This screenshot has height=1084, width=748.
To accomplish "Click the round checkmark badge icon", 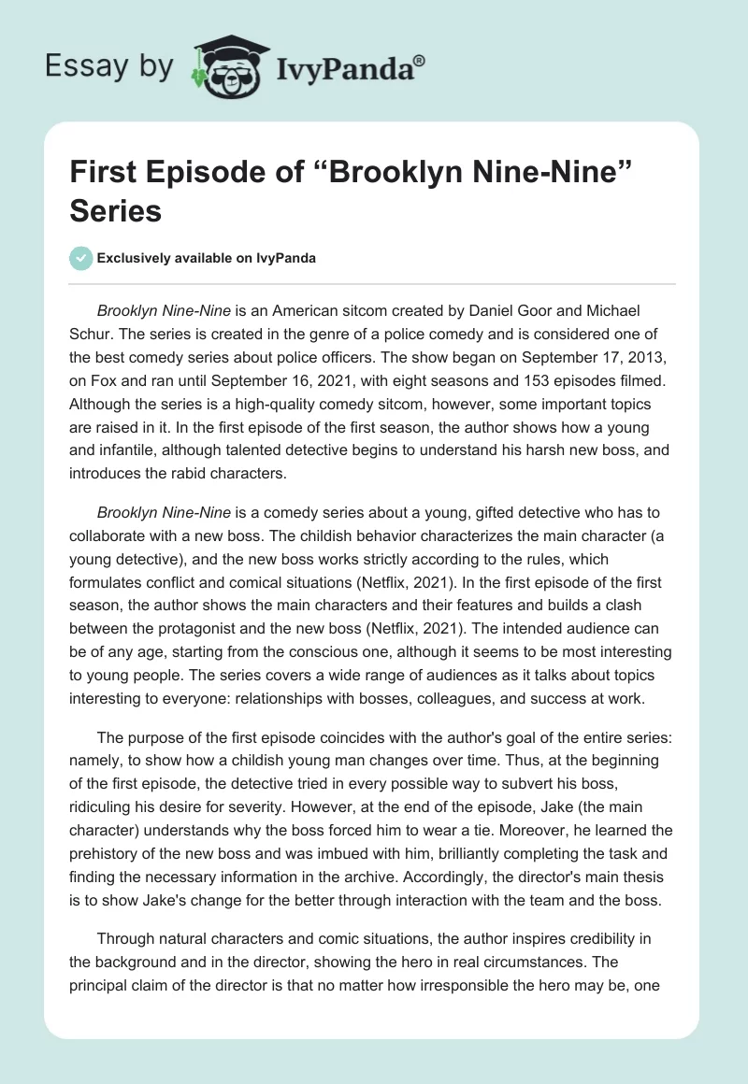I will coord(81,258).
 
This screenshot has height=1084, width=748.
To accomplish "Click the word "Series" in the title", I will coord(116,210).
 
